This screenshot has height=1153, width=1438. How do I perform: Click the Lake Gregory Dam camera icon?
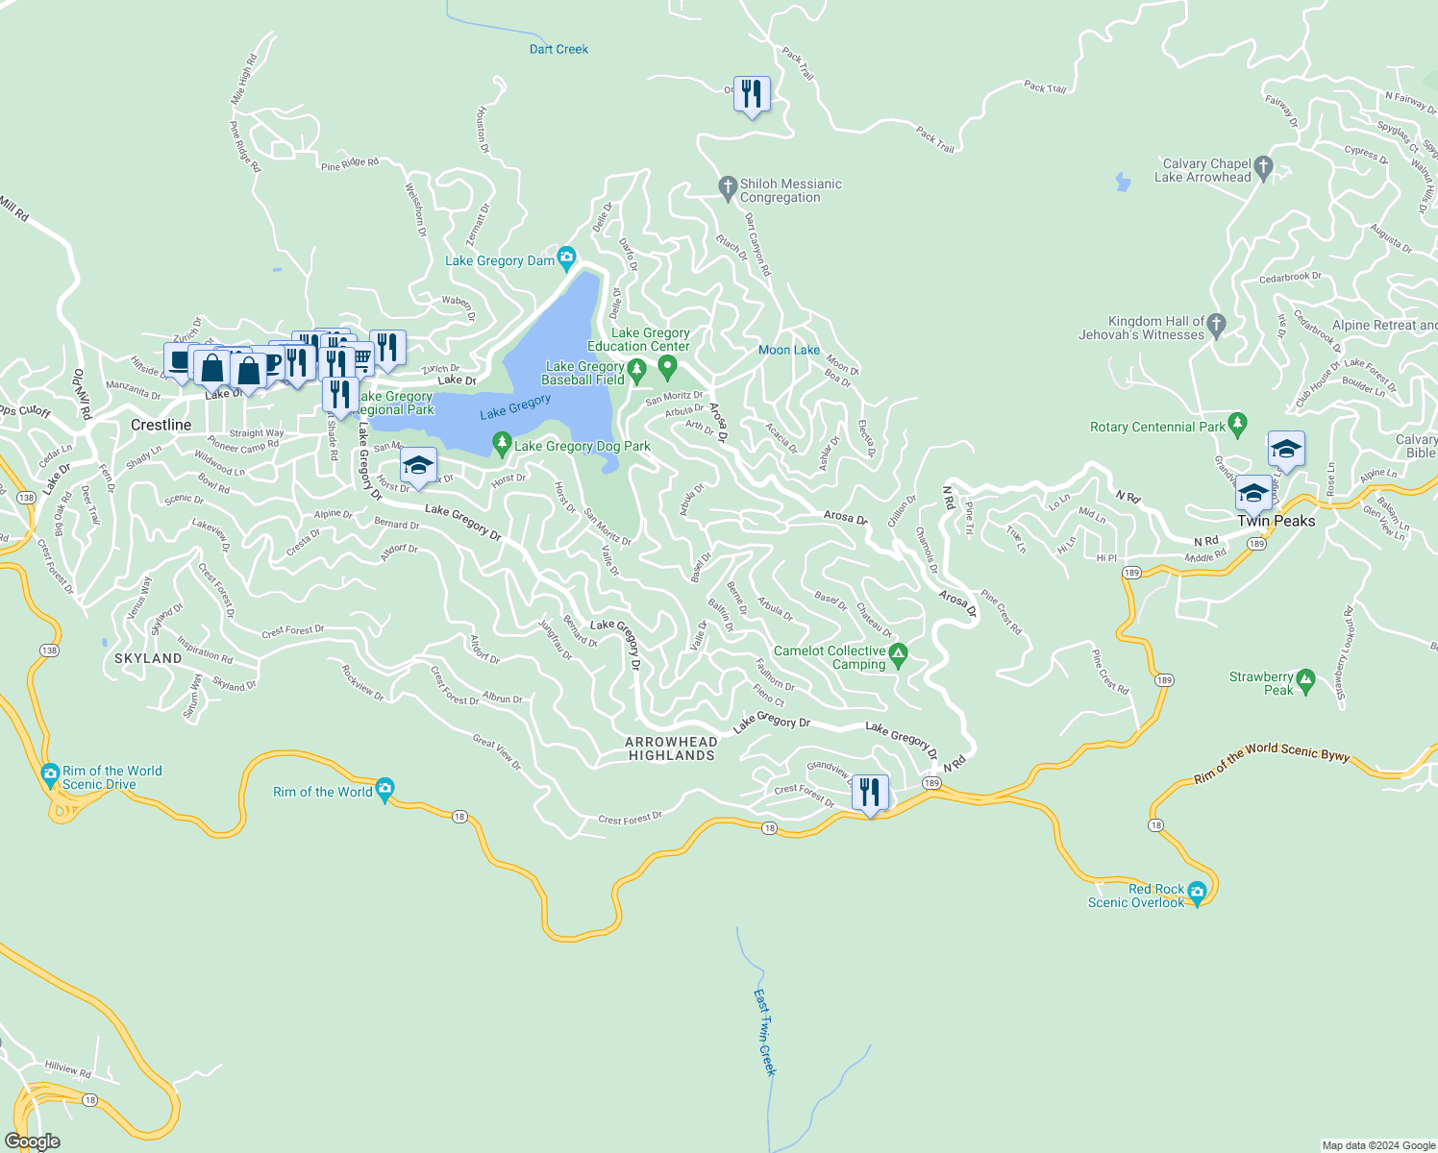[566, 257]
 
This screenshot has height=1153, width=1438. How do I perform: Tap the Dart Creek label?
[558, 49]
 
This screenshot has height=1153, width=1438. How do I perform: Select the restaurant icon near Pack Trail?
[752, 94]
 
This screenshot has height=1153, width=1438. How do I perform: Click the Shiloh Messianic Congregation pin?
[728, 187]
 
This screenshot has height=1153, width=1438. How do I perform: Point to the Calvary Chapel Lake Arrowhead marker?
[1263, 167]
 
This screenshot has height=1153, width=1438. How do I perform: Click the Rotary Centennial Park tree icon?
[1238, 423]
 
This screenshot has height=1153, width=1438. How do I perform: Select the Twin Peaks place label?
[1276, 521]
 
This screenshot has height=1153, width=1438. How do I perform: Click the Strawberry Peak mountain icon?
[1305, 680]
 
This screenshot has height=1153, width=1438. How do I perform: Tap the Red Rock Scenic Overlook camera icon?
[1197, 893]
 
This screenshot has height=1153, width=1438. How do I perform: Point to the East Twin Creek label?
[764, 1033]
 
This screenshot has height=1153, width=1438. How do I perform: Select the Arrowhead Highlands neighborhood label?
[671, 748]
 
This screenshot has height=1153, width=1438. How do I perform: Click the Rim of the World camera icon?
[384, 789]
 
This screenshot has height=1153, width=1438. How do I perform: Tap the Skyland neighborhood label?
[148, 658]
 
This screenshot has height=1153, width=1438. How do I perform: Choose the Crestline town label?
[161, 425]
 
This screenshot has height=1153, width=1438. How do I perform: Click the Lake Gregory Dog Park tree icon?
[501, 443]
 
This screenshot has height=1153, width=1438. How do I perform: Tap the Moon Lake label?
[789, 350]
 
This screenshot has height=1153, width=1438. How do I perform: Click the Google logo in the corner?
[32, 1141]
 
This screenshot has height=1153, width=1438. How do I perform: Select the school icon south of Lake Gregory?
[418, 466]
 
